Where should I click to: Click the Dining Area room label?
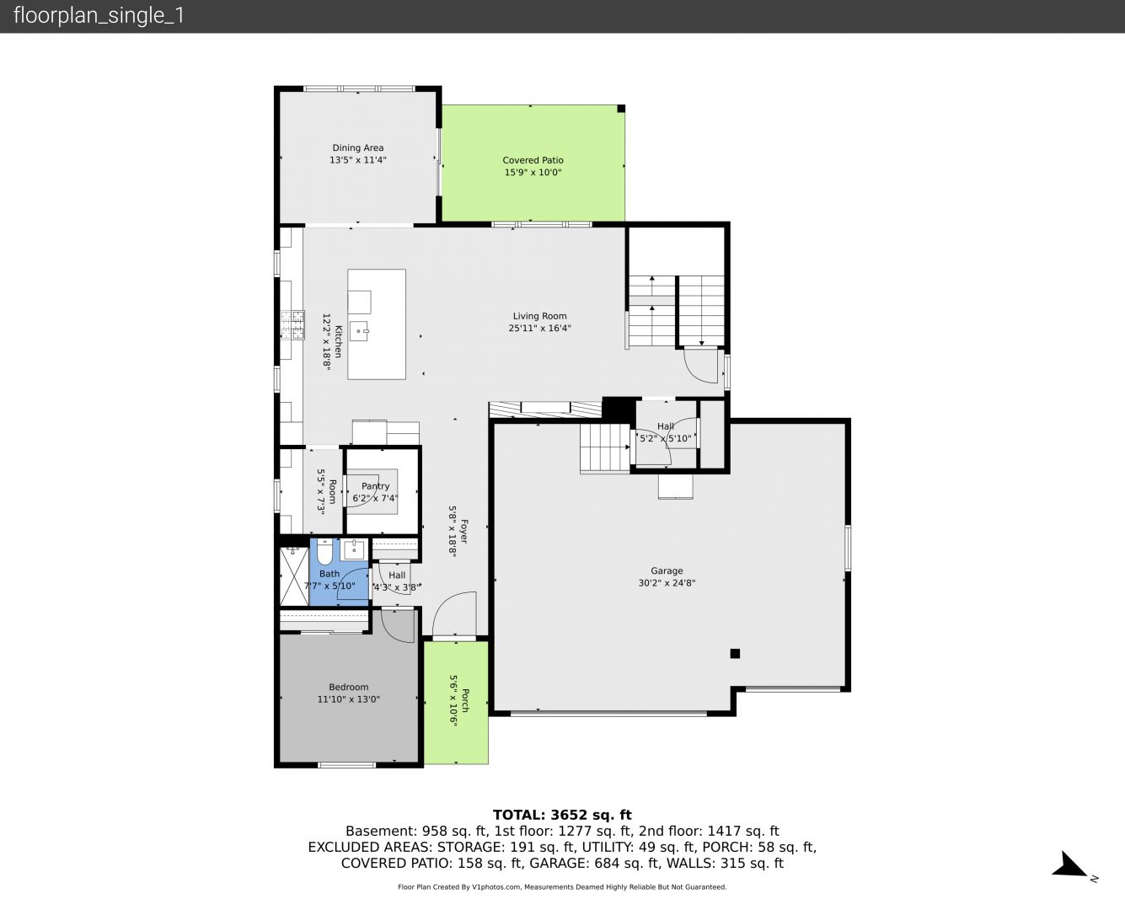pos(357,148)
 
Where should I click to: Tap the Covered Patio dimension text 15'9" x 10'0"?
pos(533,172)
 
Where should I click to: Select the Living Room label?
pos(540,316)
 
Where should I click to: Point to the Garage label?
pos(667,570)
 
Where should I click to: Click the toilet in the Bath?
pos(324,553)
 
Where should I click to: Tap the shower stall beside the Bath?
pos(293,576)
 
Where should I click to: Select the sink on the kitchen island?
pos(359,331)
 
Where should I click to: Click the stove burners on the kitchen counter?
pos(292,324)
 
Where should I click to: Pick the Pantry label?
pos(376,486)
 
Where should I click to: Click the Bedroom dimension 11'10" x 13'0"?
pos(349,699)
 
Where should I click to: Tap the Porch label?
pos(465,700)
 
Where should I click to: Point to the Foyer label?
pos(464,532)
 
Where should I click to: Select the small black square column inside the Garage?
pos(735,653)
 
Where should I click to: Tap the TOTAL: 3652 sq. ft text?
pos(562,815)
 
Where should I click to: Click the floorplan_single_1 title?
pos(99,16)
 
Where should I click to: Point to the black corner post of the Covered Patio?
pos(621,109)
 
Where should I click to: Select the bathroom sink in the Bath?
pos(354,550)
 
